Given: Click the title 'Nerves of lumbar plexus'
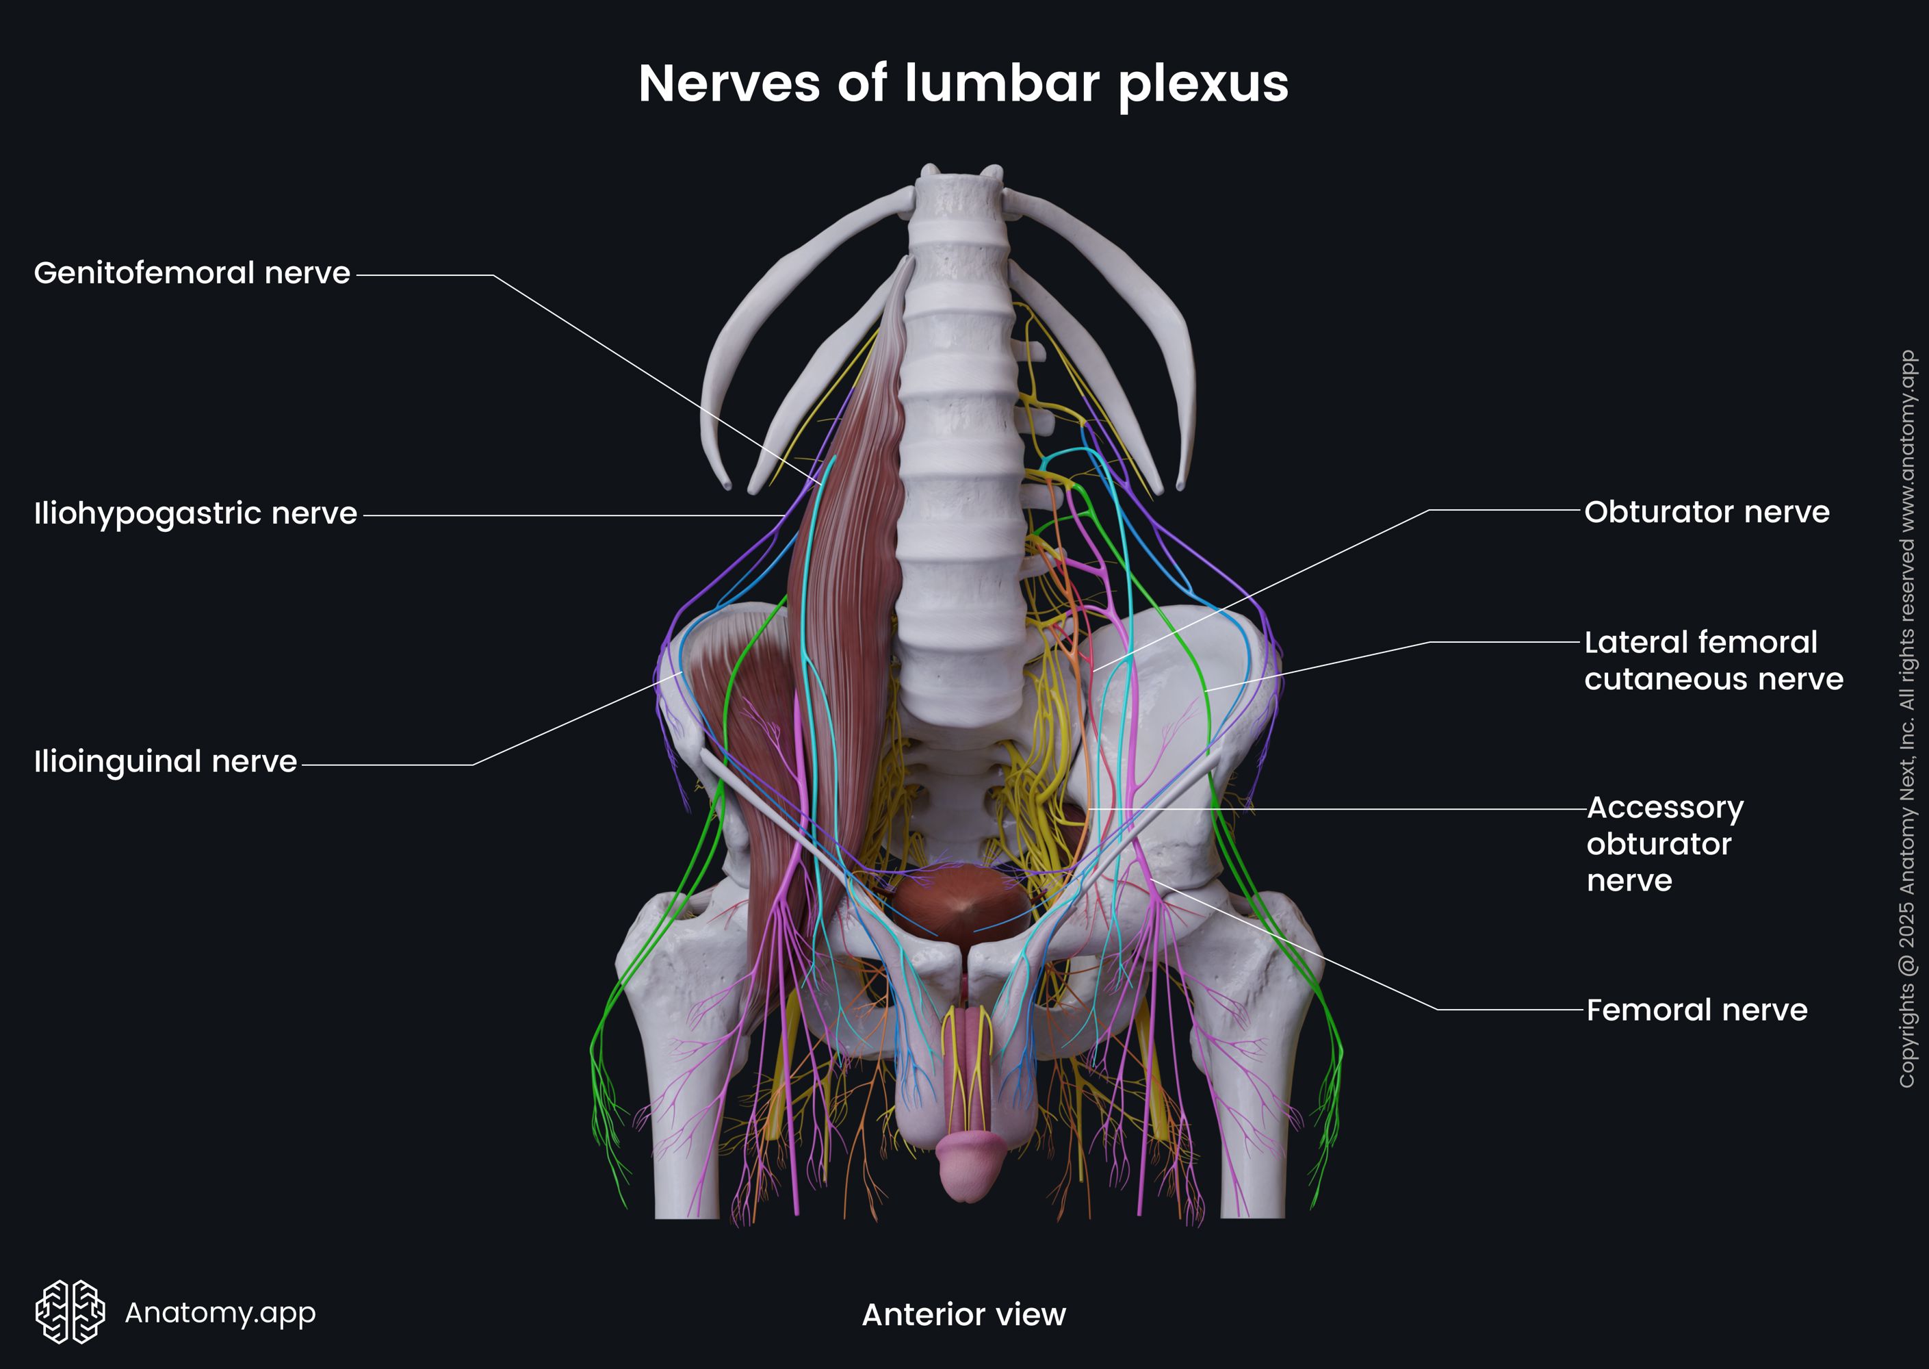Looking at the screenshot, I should pyautogui.click(x=963, y=84).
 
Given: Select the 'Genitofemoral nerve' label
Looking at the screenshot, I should pyautogui.click(x=192, y=273).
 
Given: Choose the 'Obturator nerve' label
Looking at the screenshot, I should pyautogui.click(x=1707, y=513).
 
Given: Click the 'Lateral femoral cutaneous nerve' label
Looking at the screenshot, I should pyautogui.click(x=1713, y=661).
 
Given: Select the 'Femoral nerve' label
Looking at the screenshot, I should pyautogui.click(x=1696, y=1010).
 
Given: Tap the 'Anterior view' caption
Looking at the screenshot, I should pyautogui.click(x=963, y=1314).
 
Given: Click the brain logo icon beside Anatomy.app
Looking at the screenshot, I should pyautogui.click(x=70, y=1312).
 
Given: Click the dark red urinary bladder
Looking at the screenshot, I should pyautogui.click(x=961, y=902).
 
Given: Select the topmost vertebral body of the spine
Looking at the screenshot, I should pyautogui.click(x=958, y=198).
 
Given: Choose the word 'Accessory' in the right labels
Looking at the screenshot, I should pyautogui.click(x=1666, y=808).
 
